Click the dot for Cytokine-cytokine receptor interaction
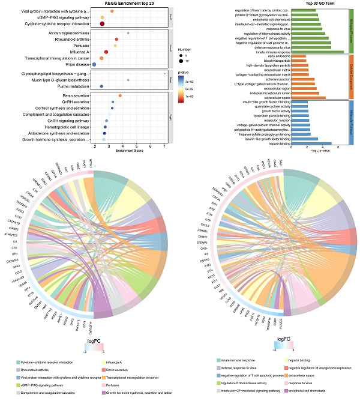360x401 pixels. tap(102, 23)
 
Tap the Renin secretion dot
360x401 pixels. tap(120, 95)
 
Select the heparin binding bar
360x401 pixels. tap(311, 143)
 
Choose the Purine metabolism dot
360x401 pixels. tap(101, 86)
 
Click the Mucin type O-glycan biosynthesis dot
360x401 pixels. tap(128, 79)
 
